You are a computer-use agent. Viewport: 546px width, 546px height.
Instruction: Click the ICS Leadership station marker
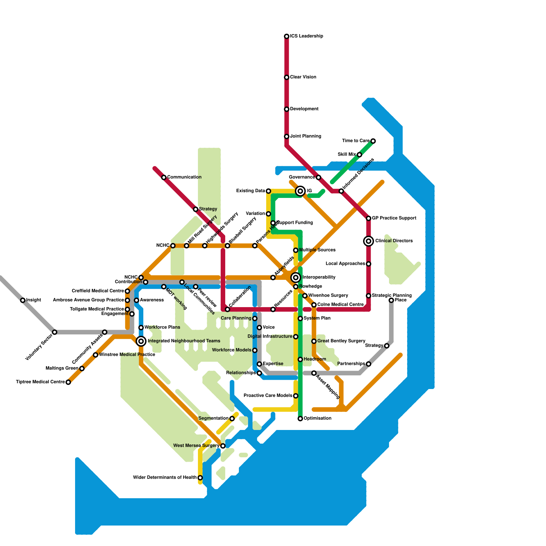[x=287, y=36]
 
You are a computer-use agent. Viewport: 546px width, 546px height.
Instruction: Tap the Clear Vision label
[x=303, y=77]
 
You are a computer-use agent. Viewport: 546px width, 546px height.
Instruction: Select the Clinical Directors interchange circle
[x=369, y=241]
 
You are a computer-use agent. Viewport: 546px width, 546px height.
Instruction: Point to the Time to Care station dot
[x=373, y=141]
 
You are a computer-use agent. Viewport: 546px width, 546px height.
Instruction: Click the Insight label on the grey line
[x=33, y=300]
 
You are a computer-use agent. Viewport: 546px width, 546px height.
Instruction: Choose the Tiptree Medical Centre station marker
[x=68, y=382]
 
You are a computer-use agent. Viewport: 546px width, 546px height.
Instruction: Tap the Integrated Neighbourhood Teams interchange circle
[x=141, y=341]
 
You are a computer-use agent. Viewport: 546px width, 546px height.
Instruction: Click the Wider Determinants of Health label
[x=164, y=478]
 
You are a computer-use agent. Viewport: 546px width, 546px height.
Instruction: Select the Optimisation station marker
[x=300, y=419]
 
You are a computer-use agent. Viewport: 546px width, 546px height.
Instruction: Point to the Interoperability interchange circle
[x=296, y=277]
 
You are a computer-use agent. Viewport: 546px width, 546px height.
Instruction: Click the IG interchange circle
[x=300, y=191]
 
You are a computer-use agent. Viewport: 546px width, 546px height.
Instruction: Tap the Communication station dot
[x=164, y=177]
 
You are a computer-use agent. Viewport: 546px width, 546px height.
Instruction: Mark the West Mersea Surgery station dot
[x=223, y=446]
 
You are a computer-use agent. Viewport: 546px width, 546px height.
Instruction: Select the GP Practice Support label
[x=394, y=218]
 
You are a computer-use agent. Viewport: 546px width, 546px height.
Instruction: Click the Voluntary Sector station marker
[x=55, y=332]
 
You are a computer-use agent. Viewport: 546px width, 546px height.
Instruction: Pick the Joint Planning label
[x=305, y=136]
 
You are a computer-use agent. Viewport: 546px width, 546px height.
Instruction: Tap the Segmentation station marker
[x=232, y=419]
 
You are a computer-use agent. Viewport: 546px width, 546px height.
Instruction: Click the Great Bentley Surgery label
[x=341, y=341]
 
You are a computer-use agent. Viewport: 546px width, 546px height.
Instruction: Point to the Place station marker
[x=391, y=300]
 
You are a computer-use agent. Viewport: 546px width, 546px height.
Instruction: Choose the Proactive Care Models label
[x=268, y=396]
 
